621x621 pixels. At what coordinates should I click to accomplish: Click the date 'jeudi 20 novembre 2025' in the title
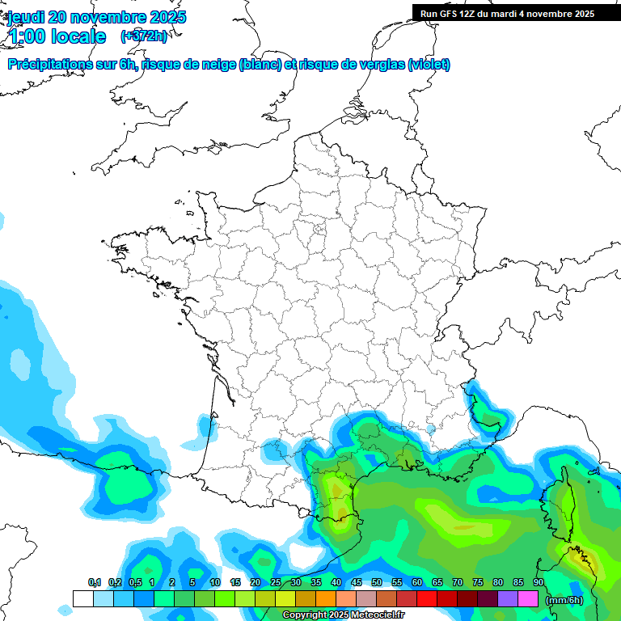97,17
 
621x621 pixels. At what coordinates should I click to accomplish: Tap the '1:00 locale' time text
57,36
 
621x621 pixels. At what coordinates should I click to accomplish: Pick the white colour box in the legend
82,599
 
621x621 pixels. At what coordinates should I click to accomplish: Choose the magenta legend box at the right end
528,599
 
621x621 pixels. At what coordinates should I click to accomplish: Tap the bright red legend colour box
427,599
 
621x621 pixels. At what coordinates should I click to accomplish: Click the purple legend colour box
508,599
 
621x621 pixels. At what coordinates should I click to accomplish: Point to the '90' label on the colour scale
539,583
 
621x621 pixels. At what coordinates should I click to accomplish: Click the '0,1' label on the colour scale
94,583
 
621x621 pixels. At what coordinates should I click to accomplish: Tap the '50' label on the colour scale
377,583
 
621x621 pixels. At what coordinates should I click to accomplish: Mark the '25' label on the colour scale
276,583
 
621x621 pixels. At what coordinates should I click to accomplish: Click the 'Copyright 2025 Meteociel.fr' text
344,615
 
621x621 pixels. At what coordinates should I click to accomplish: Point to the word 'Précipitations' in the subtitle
51,65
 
